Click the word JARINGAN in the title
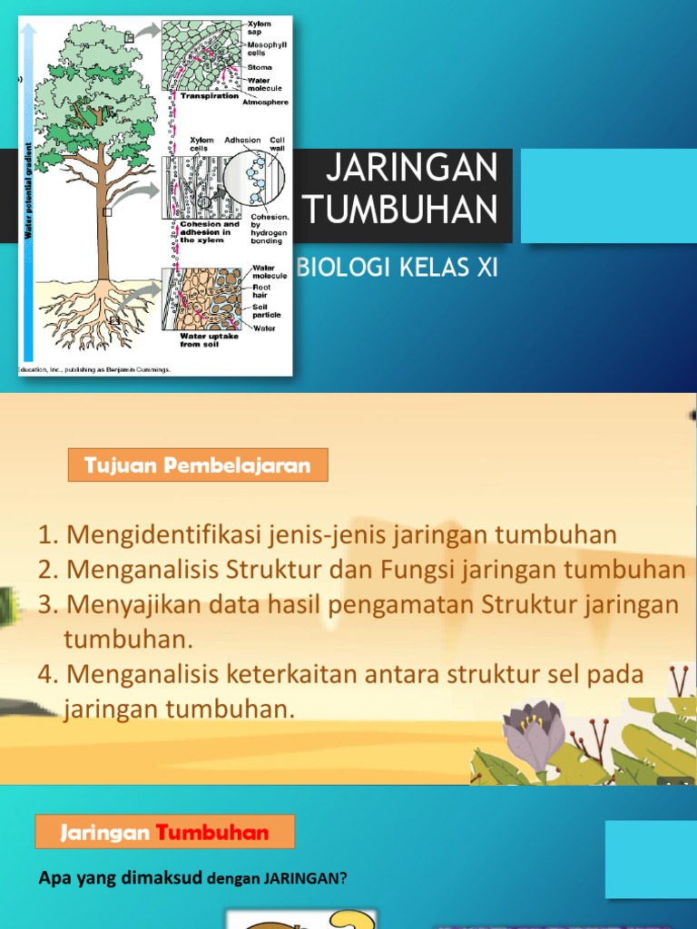(411, 169)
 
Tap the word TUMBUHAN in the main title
(401, 210)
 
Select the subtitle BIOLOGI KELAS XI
(398, 269)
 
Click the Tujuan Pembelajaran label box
(198, 466)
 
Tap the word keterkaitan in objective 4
(286, 675)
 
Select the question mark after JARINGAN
(344, 878)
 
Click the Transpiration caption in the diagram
(209, 95)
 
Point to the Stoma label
(259, 67)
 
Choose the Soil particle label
(266, 311)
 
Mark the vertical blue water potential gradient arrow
(30, 191)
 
